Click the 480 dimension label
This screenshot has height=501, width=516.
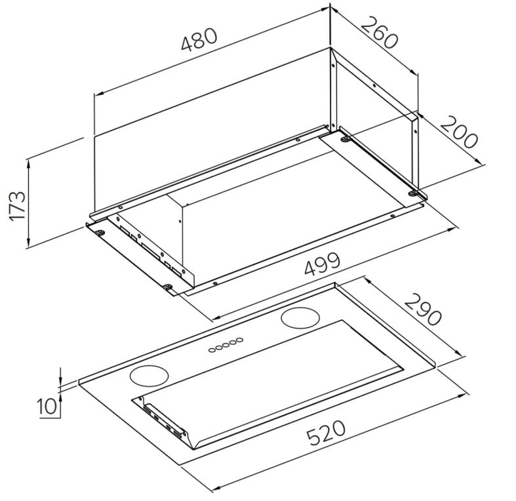point(199,39)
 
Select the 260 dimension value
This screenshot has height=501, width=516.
point(380,33)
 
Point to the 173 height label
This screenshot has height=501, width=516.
point(17,206)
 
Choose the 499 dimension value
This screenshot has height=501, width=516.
point(322,264)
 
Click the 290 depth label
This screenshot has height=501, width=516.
point(422,310)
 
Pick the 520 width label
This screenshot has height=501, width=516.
point(326,433)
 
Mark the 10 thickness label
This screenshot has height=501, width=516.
point(47,406)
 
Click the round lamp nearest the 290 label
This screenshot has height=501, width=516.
point(300,318)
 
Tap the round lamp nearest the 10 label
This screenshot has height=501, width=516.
point(149,376)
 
